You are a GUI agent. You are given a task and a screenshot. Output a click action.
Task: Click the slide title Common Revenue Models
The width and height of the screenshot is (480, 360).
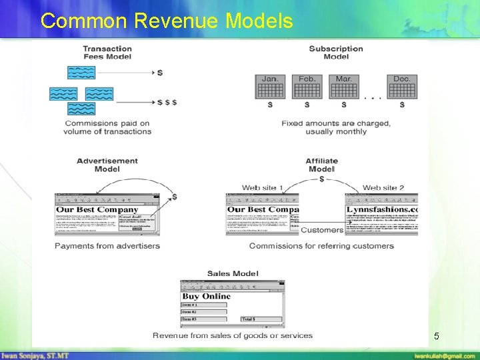point(167,21)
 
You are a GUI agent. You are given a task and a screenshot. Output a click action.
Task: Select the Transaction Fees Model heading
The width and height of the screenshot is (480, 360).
point(107,53)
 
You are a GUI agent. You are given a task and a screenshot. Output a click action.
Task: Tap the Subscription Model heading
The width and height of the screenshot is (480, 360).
point(336,53)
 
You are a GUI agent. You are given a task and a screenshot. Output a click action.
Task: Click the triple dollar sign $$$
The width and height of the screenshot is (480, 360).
point(167,102)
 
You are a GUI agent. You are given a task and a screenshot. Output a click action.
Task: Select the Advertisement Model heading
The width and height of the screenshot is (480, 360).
point(107,165)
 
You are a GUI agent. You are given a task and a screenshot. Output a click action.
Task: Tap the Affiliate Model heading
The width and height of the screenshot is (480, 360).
point(322,165)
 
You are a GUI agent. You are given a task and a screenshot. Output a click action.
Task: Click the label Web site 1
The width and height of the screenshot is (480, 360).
point(263,188)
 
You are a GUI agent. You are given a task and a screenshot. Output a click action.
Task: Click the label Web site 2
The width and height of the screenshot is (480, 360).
point(383,188)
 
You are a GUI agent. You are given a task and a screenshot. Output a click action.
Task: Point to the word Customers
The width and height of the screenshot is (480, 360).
point(322,230)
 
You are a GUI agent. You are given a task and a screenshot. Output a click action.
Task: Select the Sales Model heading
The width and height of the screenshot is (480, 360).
point(233,273)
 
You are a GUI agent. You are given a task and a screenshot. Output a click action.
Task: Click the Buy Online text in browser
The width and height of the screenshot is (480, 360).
point(207,296)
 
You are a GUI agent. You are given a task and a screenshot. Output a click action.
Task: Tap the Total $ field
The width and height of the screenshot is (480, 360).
point(261,319)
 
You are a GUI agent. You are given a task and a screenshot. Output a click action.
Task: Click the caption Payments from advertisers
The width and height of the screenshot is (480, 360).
point(107,246)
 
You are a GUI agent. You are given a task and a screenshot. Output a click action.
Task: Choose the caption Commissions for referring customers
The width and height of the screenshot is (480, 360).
point(321,246)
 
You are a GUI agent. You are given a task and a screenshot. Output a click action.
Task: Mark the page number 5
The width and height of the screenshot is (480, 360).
point(436,337)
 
